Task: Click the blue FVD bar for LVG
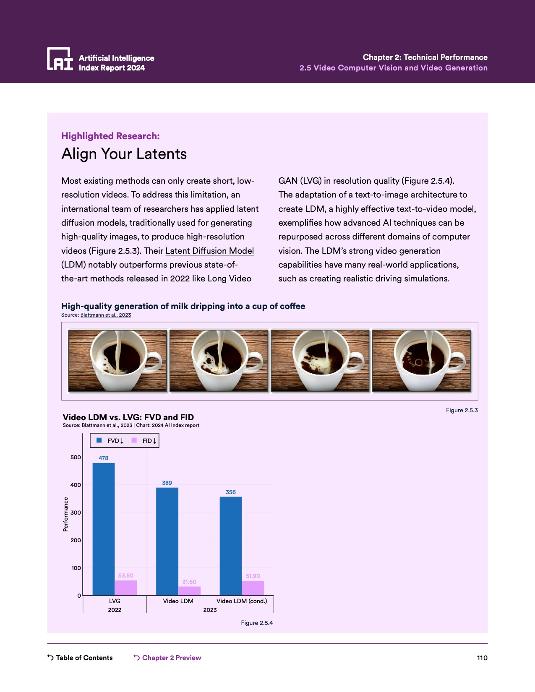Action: point(103,528)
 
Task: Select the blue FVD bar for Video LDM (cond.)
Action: point(230,545)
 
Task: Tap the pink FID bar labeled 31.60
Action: point(189,591)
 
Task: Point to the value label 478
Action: point(103,458)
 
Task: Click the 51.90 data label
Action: point(253,576)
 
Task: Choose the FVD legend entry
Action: point(112,441)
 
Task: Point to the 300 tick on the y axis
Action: point(76,512)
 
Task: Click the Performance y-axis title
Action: point(65,514)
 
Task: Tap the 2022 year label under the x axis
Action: point(115,610)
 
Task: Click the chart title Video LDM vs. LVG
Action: point(128,417)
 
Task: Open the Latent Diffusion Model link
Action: point(209,251)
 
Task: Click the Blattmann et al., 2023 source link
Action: point(105,315)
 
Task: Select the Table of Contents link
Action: point(84,658)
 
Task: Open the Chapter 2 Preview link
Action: point(171,658)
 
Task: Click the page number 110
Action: point(482,658)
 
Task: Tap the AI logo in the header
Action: point(60,59)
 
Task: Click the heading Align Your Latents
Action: point(124,154)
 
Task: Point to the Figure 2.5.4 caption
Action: point(257,623)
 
